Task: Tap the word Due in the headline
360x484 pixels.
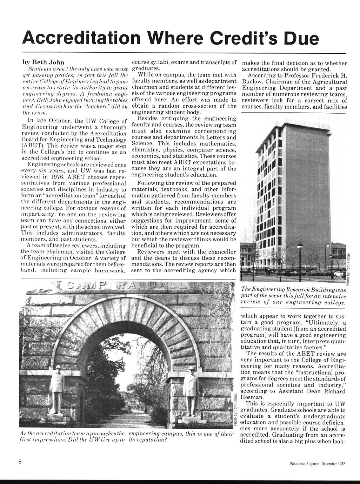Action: pyautogui.click(x=302, y=38)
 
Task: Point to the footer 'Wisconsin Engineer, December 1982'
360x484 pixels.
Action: pyautogui.click(x=315, y=464)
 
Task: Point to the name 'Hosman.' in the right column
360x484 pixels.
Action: pyautogui.click(x=252, y=397)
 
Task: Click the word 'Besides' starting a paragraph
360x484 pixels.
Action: pyautogui.click(x=151, y=119)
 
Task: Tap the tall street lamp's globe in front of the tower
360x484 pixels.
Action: pyautogui.click(x=300, y=246)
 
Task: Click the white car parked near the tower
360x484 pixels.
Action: pyautogui.click(x=339, y=273)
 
